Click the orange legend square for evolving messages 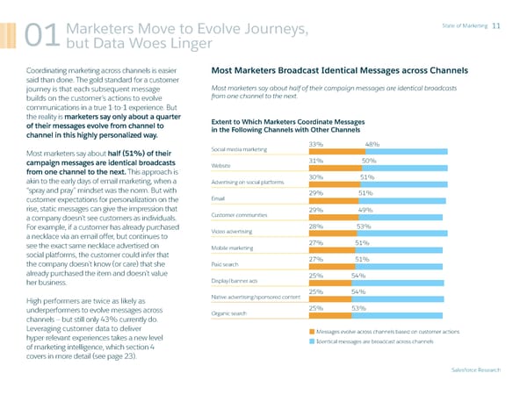pyautogui.click(x=311, y=331)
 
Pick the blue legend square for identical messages pyautogui.click(x=311, y=341)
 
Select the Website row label pyautogui.click(x=222, y=165)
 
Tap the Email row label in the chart pyautogui.click(x=218, y=199)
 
